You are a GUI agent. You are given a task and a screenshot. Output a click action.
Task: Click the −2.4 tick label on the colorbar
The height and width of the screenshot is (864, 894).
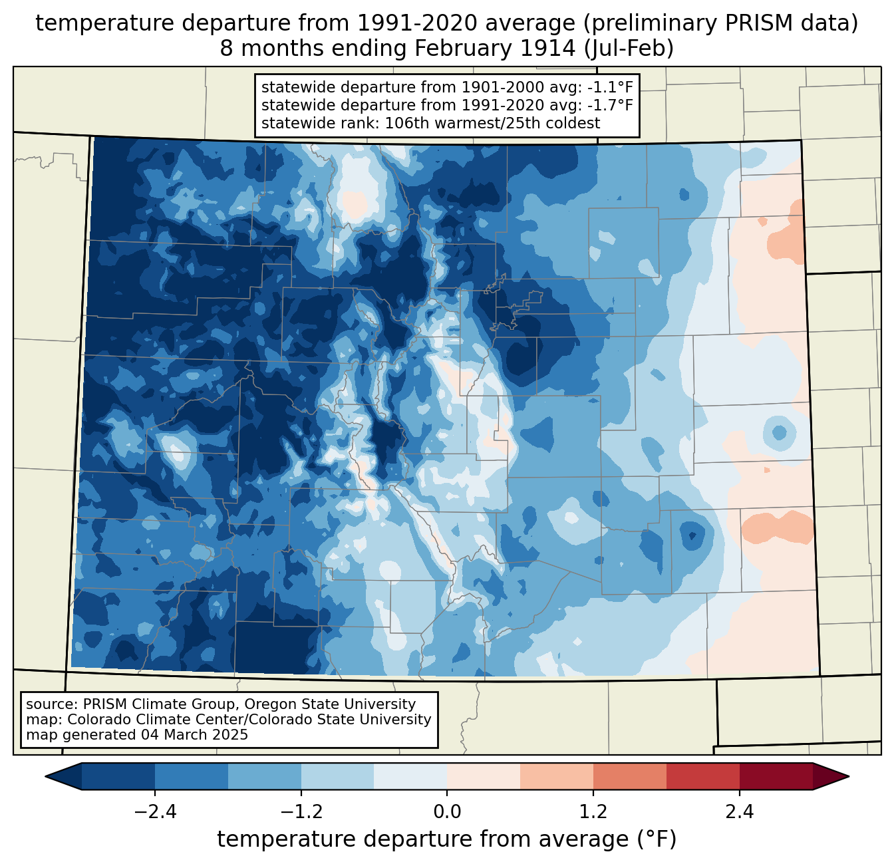coord(154,812)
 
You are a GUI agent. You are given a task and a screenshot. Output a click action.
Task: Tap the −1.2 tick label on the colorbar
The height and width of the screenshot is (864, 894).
coord(301,812)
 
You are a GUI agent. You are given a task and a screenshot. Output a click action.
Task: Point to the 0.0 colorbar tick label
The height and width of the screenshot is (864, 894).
coord(447,812)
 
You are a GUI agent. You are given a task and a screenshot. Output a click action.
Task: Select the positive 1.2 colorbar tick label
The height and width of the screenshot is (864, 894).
coord(593,812)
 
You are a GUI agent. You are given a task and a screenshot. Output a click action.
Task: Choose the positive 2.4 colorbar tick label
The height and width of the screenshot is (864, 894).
coord(740,812)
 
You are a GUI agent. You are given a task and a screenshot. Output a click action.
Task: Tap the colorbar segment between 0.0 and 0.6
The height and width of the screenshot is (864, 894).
coord(484,776)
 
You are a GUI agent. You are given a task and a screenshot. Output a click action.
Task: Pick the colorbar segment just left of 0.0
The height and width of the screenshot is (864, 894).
coord(410,776)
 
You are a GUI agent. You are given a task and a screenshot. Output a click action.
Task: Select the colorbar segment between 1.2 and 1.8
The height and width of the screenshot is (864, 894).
coord(630,776)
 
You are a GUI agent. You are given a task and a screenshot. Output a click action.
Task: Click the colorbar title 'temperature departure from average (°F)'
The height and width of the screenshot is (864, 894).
coord(446,839)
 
